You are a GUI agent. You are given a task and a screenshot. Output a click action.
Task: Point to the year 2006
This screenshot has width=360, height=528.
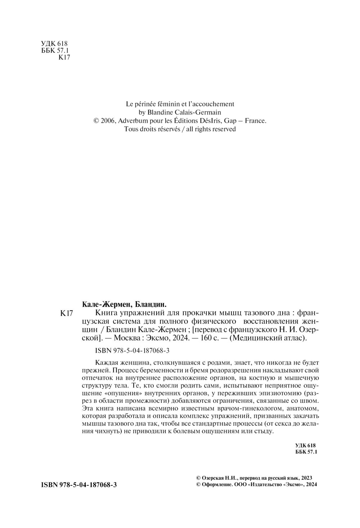click(x=107, y=121)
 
